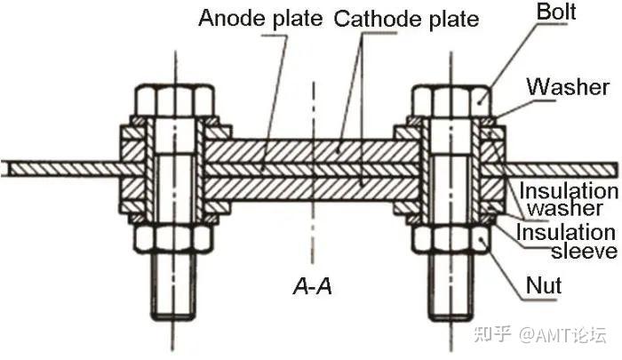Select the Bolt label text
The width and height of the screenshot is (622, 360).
point(556,13)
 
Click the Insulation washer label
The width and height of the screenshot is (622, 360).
point(568,200)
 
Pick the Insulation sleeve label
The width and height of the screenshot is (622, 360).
point(568,242)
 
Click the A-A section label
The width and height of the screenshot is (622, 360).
point(313,286)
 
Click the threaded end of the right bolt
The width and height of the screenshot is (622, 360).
point(450,284)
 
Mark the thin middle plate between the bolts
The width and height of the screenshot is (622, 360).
point(311,168)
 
